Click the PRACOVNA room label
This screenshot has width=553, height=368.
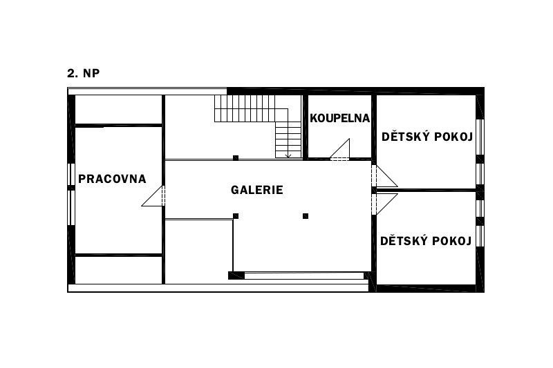pos(112,179)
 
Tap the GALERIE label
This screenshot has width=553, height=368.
pos(256,190)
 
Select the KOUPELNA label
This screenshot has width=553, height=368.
pos(339,118)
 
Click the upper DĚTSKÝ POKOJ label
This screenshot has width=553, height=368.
pos(427,137)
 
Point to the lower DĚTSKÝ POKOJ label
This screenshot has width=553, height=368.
pos(426,241)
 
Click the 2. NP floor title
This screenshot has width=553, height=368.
pos(84,73)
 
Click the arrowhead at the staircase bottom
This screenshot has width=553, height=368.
pos(288,155)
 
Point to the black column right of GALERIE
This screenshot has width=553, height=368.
pos(306,216)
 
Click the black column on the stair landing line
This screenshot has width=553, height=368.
pos(236,158)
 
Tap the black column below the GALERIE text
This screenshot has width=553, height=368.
pos(236,216)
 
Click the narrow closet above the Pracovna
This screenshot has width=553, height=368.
pos(118,110)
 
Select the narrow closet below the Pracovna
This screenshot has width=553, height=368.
pos(118,270)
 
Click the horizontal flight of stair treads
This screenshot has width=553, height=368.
pos(251,108)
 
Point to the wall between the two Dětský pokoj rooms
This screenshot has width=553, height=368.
pos(426,190)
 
